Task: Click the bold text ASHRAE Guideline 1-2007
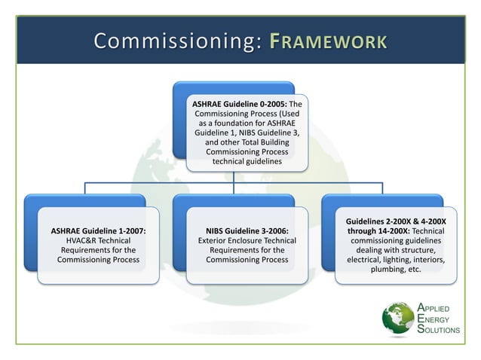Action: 98,231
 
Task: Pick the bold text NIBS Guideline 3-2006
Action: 247,231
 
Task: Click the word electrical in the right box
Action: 367,260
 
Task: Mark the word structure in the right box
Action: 417,250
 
